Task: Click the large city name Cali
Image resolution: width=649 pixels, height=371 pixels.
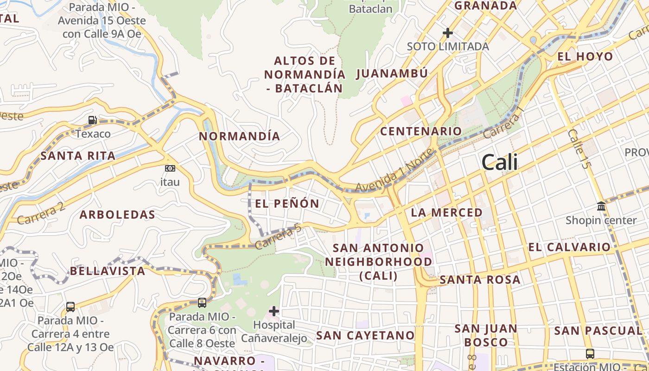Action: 499,162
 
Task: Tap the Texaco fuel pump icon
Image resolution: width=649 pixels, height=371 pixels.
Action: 93,120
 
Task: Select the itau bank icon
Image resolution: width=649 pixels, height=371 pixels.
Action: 170,168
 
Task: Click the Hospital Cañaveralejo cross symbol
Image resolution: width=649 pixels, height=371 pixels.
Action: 274,311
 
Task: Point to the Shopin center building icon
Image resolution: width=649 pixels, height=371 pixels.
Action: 601,206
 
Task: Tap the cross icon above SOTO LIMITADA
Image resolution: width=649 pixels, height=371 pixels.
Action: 447,33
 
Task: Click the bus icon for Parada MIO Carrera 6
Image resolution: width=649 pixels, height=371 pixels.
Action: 202,303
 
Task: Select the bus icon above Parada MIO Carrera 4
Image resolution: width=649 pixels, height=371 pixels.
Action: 70,307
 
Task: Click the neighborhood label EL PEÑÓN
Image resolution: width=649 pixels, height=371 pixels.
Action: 287,204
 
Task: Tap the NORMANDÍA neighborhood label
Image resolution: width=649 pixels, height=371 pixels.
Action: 240,136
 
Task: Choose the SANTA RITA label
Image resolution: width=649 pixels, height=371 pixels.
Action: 78,156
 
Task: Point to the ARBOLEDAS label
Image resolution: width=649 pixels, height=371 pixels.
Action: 117,215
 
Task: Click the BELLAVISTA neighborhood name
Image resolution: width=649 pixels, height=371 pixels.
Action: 108,271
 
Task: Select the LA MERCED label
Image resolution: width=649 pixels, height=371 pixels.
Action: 446,213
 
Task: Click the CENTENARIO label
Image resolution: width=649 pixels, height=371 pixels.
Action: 421,131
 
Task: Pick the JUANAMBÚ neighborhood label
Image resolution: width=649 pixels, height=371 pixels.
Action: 392,74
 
